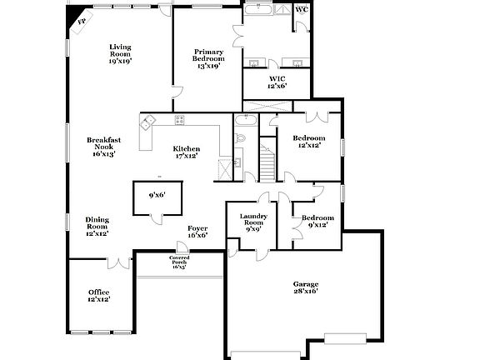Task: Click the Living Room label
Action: (x=120, y=54)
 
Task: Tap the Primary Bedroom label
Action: (x=208, y=58)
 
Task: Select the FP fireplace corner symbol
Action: (x=82, y=22)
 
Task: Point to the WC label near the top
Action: (x=301, y=10)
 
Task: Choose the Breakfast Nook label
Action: (x=104, y=147)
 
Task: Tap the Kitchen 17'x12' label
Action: (x=187, y=152)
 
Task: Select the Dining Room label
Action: (x=97, y=227)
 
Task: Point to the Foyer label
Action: (x=197, y=231)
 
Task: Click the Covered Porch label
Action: (x=179, y=262)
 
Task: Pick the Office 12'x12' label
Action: (x=98, y=295)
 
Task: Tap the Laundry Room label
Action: (x=252, y=222)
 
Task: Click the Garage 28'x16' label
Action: (x=306, y=287)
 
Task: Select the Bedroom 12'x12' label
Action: (x=308, y=142)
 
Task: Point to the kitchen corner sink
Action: (x=148, y=124)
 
